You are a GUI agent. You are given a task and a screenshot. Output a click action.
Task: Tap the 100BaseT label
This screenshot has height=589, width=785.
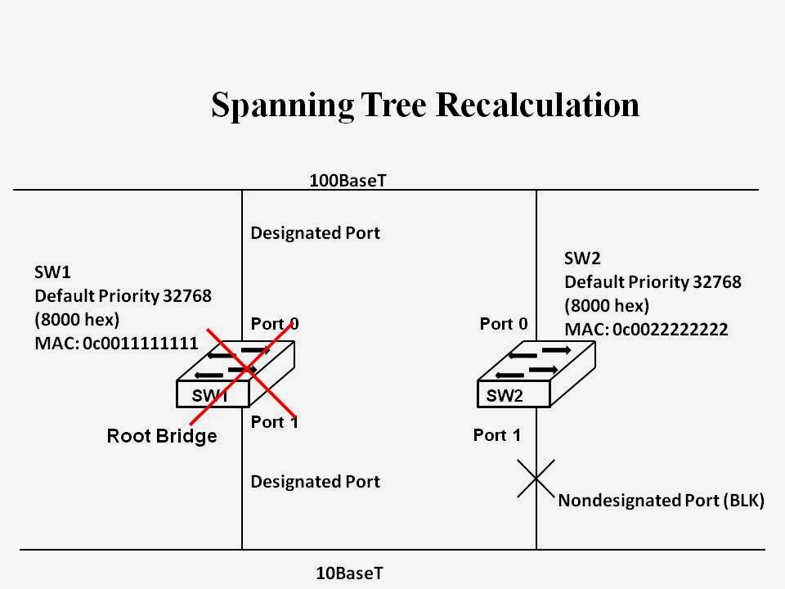click(347, 180)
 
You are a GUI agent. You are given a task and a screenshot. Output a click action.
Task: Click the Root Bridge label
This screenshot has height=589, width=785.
click(162, 436)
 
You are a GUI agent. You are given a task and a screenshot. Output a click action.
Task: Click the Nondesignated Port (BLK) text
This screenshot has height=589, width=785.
click(661, 501)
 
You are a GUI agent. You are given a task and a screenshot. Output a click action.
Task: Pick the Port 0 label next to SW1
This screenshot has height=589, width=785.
click(274, 324)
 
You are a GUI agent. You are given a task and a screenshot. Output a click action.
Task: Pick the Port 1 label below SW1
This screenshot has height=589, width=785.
click(274, 422)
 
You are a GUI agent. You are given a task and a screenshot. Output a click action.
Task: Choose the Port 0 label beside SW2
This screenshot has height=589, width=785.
click(504, 324)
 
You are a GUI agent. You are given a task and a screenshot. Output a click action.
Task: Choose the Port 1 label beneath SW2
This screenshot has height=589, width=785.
click(496, 435)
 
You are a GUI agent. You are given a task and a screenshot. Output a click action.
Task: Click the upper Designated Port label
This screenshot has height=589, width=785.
click(315, 233)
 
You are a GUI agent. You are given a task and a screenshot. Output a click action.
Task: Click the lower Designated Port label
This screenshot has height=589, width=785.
click(315, 482)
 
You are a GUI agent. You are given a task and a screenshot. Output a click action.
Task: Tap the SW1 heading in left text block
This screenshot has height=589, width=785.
click(51, 272)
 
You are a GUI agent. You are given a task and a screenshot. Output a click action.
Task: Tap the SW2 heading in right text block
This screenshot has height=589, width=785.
click(581, 258)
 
